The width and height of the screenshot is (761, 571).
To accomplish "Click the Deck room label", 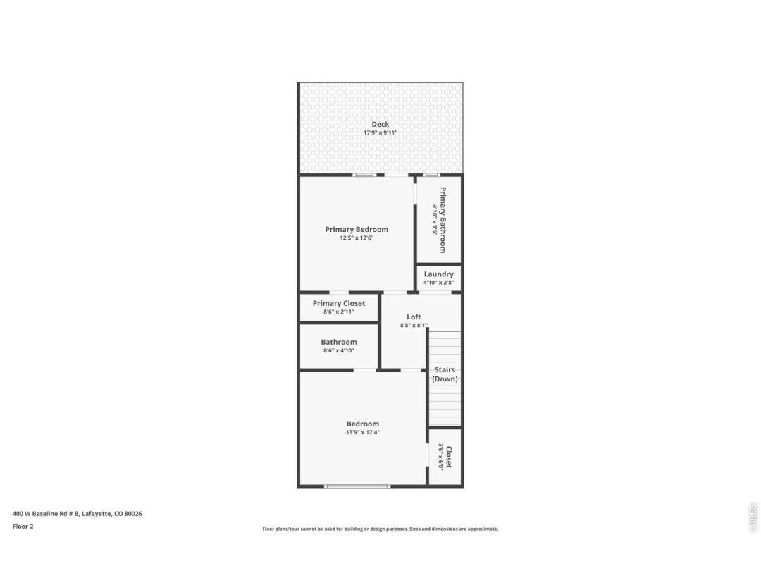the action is [x=380, y=124].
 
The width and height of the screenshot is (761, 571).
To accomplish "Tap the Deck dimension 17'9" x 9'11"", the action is [x=380, y=133].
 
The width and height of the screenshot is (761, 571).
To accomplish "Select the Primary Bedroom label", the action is [x=357, y=229].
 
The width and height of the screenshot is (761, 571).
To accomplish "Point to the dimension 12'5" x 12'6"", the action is [x=357, y=238].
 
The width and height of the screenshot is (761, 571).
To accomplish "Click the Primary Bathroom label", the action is [x=443, y=220].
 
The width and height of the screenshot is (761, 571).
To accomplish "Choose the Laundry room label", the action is [x=439, y=274].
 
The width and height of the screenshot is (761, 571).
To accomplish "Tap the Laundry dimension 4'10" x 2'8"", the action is [x=439, y=283].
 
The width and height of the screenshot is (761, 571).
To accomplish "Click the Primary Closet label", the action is [x=339, y=303].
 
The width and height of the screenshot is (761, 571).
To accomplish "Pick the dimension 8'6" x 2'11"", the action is [x=339, y=312].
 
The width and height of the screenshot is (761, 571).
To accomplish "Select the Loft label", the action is [x=414, y=317].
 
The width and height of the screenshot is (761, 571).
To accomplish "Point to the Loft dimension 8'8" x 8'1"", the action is [x=414, y=325].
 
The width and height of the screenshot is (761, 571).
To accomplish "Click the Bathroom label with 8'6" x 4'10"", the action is [x=339, y=342].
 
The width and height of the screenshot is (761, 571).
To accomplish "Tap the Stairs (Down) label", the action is [x=445, y=374].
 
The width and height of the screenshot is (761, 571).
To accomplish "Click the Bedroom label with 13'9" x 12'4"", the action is [x=363, y=424].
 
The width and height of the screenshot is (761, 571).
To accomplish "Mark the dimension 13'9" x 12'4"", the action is [x=363, y=432].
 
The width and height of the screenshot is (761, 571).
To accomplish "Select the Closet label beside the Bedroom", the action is [x=448, y=457].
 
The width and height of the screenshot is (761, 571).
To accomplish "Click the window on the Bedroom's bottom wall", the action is [x=357, y=486].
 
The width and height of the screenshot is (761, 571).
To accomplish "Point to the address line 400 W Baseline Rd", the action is [x=78, y=514].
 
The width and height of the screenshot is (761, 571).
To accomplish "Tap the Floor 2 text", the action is [x=23, y=527].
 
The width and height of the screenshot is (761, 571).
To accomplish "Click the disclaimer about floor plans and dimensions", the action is [x=380, y=529].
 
